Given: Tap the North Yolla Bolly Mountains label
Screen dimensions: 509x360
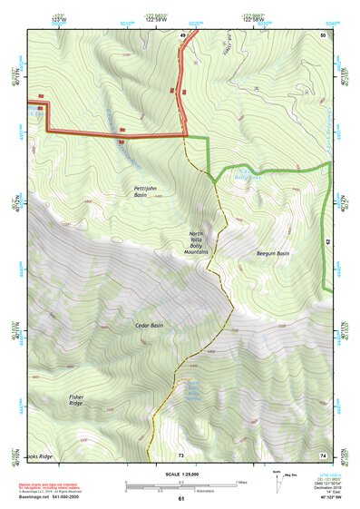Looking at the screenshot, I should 196,242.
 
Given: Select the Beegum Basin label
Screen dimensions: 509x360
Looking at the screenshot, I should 272,253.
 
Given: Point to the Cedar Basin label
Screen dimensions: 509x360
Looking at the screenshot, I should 149,325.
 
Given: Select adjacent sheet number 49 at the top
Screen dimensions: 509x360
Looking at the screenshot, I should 182,35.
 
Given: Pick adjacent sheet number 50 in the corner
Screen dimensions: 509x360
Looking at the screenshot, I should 322,34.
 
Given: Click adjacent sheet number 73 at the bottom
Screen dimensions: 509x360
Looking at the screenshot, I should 180,454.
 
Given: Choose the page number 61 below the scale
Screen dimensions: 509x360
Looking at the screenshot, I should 180,498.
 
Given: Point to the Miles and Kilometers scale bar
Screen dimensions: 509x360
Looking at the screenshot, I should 180,485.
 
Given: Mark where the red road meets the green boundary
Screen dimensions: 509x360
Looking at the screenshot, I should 186,136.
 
